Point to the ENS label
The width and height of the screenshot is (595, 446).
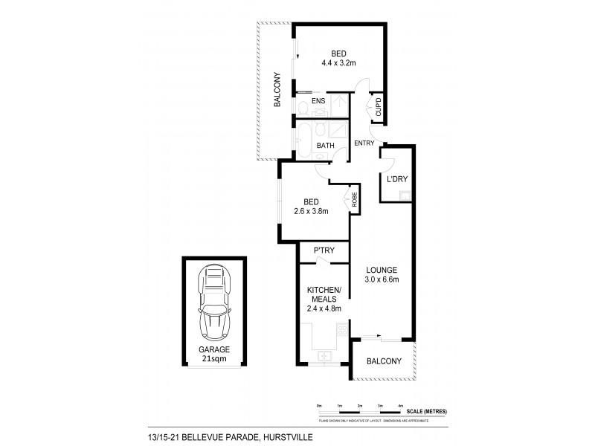pos(318,100)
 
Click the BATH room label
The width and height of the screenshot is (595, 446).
pos(325,146)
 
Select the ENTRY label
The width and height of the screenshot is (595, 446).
pos(364,143)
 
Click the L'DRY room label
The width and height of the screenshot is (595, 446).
pos(395,179)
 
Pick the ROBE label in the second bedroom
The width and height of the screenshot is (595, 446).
pos(355,198)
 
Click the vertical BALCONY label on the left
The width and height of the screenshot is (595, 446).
pos(276,91)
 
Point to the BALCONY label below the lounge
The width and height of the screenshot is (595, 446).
pos(384,362)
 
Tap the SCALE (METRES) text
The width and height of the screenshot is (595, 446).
pos(426,411)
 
